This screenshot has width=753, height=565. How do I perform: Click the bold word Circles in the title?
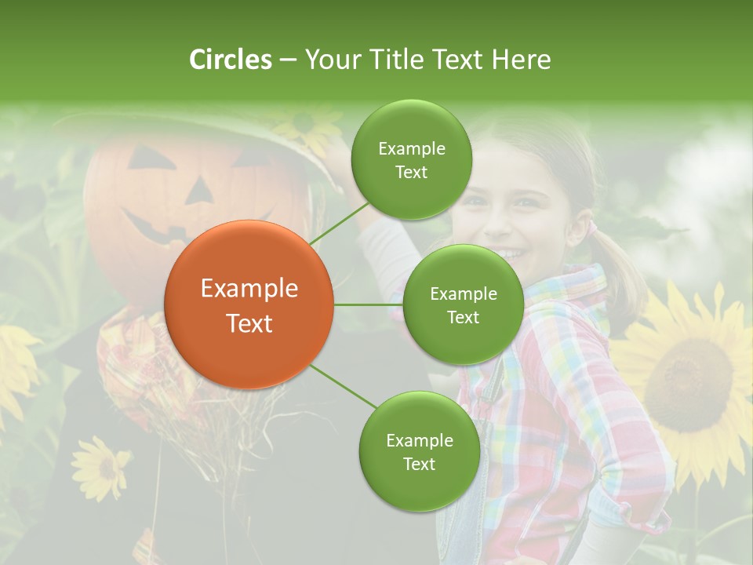[x=230, y=60]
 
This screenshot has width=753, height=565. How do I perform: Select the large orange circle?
[x=249, y=304]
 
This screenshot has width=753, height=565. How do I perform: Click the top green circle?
[x=411, y=159]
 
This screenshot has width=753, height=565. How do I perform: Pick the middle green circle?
[x=463, y=304]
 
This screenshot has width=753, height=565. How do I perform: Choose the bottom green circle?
[x=419, y=451]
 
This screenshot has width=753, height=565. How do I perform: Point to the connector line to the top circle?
[x=339, y=222]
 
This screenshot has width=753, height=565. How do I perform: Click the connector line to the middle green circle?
[x=368, y=304]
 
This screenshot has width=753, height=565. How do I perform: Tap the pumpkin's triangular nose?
[x=199, y=190]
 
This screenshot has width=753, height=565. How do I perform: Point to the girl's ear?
[x=578, y=229]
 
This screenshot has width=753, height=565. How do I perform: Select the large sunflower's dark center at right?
[x=686, y=373]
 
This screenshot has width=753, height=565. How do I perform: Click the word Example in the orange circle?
[x=249, y=288]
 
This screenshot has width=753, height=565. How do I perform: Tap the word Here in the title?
[x=521, y=60]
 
